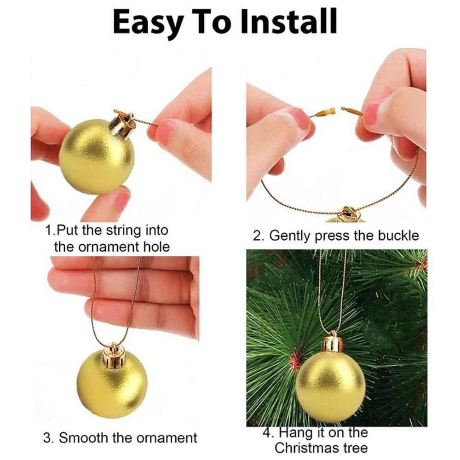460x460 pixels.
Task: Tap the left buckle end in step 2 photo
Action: (326, 112)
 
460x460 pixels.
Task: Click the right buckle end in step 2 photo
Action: (351, 110)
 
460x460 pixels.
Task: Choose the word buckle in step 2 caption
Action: (397, 236)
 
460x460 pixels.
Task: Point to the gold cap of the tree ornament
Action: (332, 343)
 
